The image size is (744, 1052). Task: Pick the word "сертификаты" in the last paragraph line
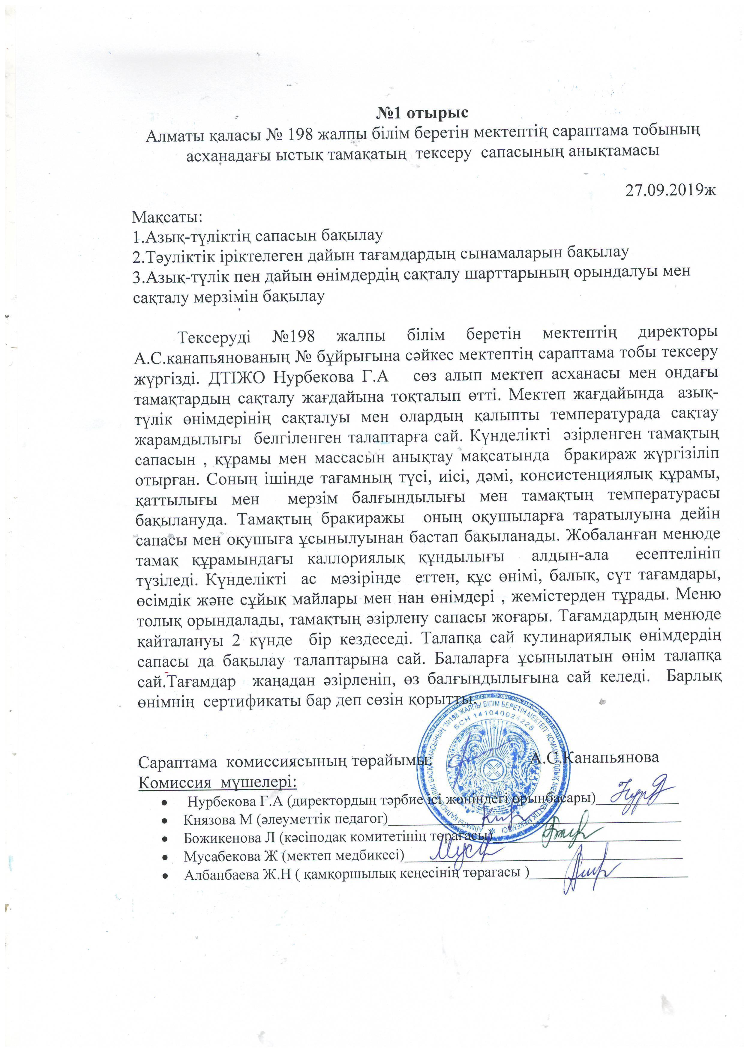[x=250, y=702]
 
